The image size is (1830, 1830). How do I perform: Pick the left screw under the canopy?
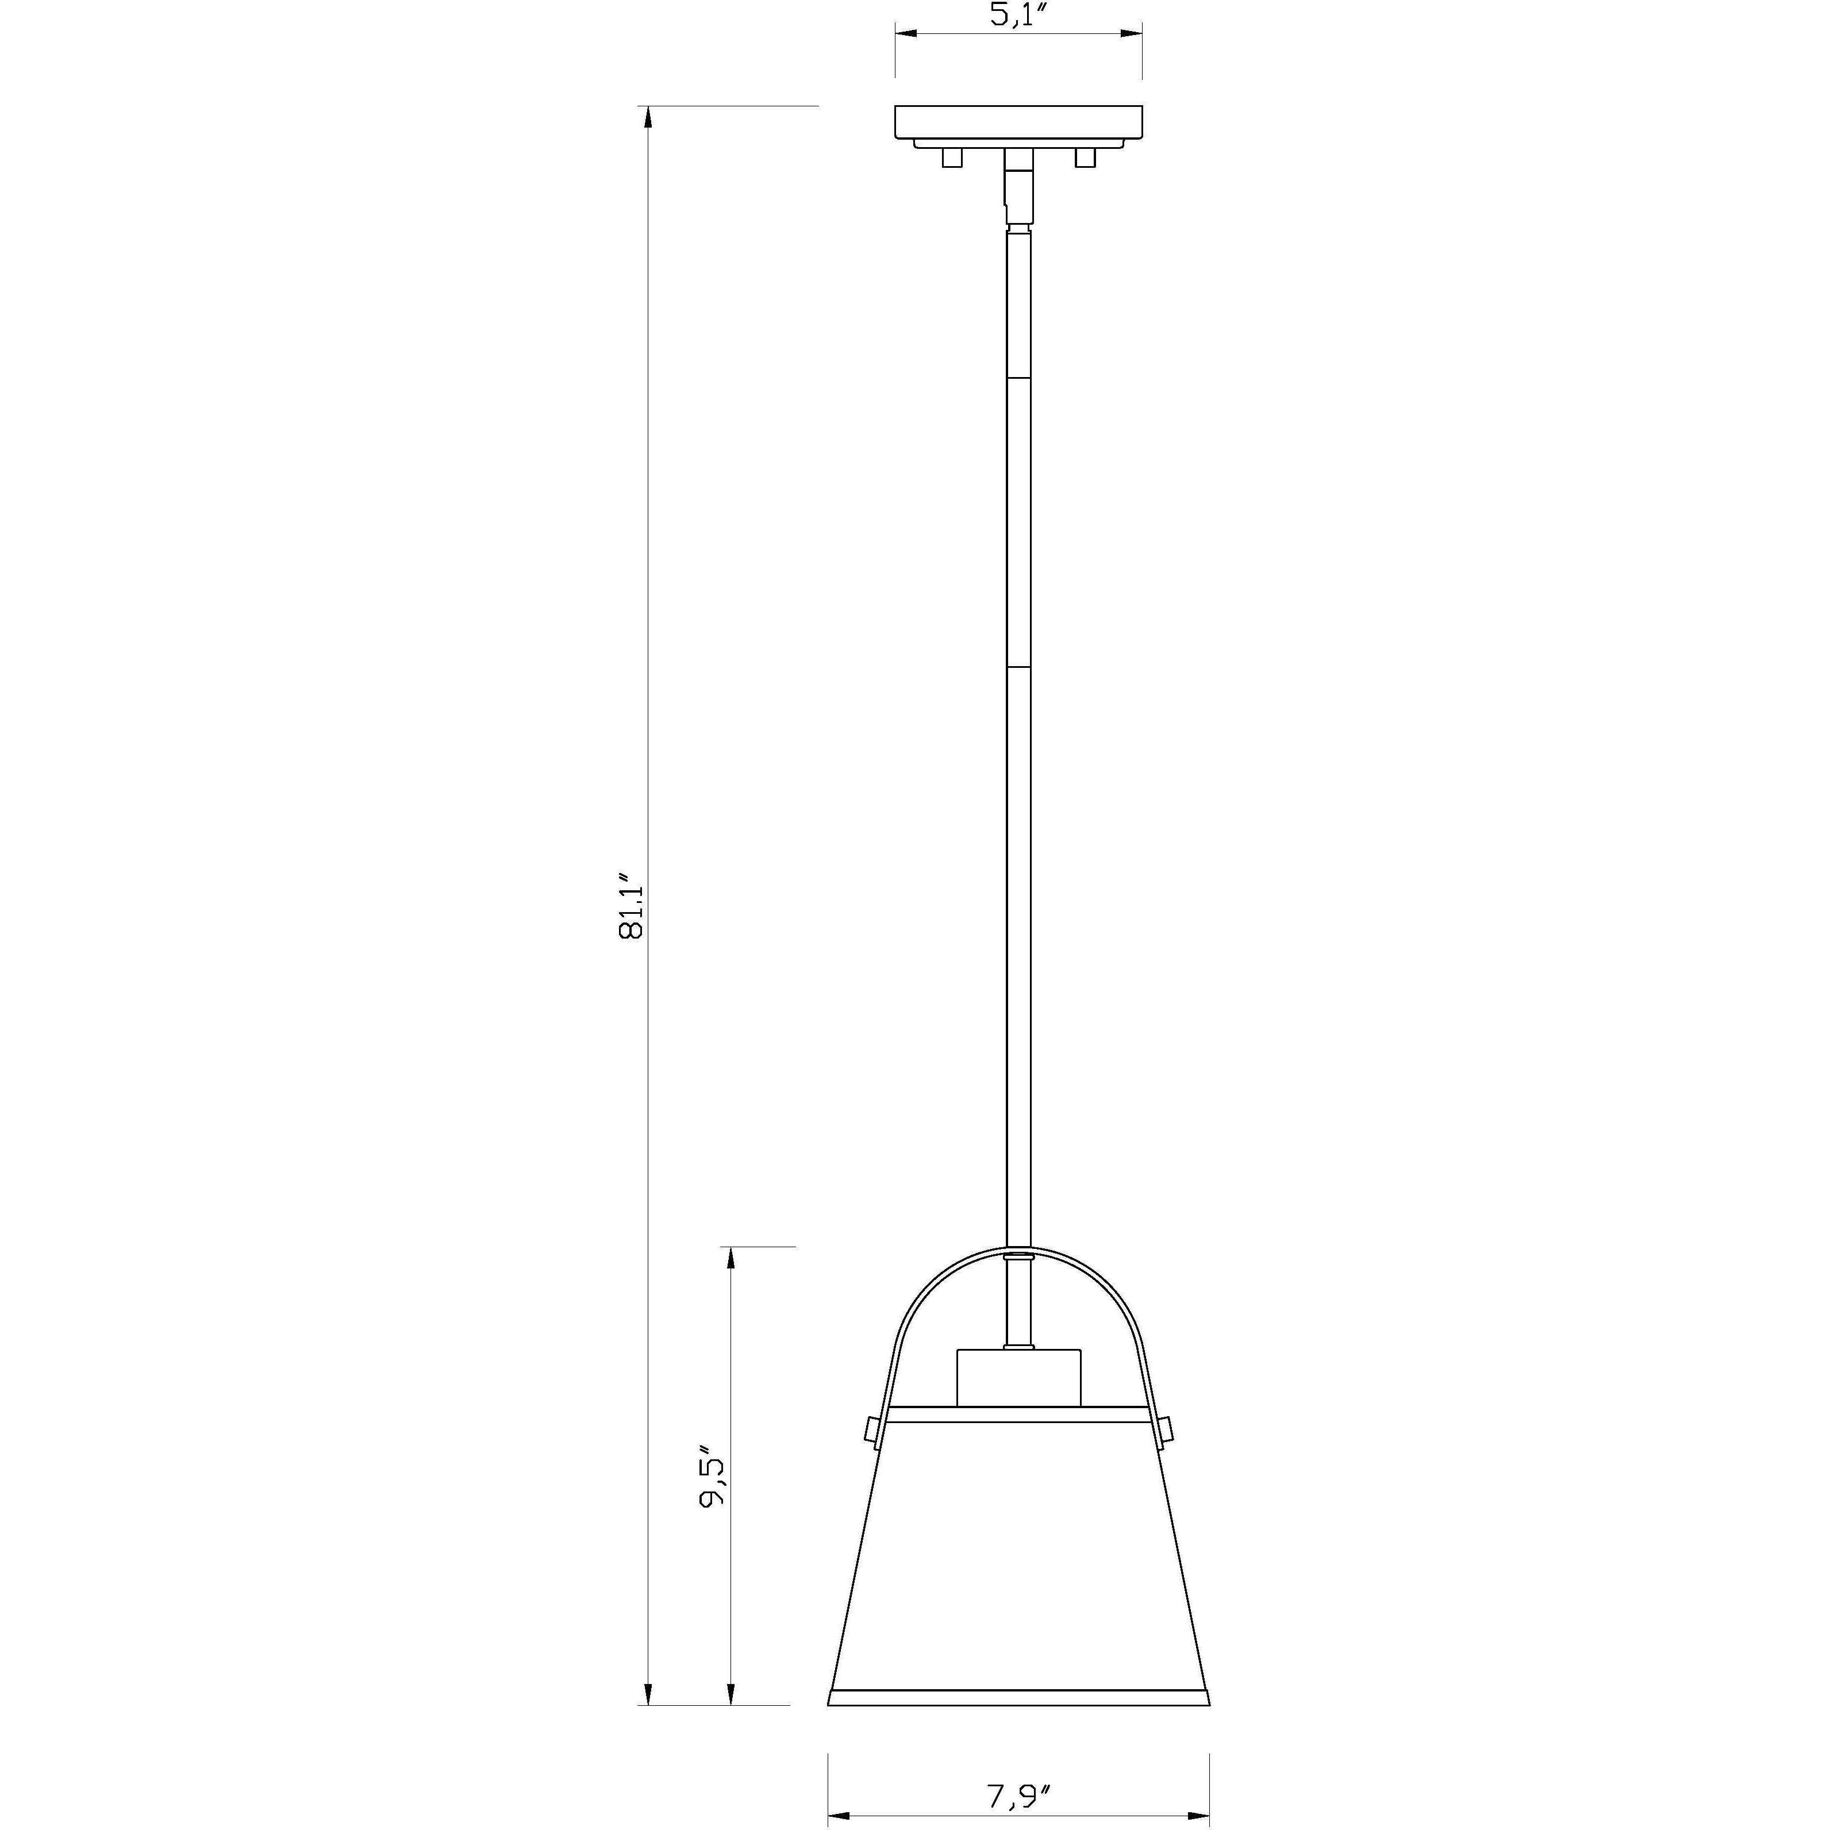(x=952, y=158)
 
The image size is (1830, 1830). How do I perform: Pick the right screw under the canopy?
(x=1086, y=158)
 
